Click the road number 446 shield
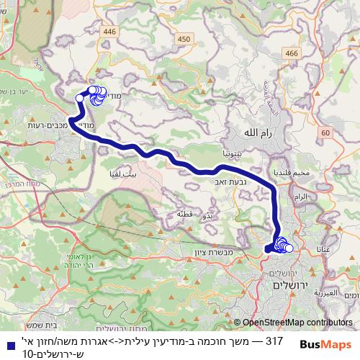point(109,31)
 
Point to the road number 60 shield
point(325,132)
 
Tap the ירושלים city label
point(290,286)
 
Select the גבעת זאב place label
point(225,182)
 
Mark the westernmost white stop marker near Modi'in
point(80,99)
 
